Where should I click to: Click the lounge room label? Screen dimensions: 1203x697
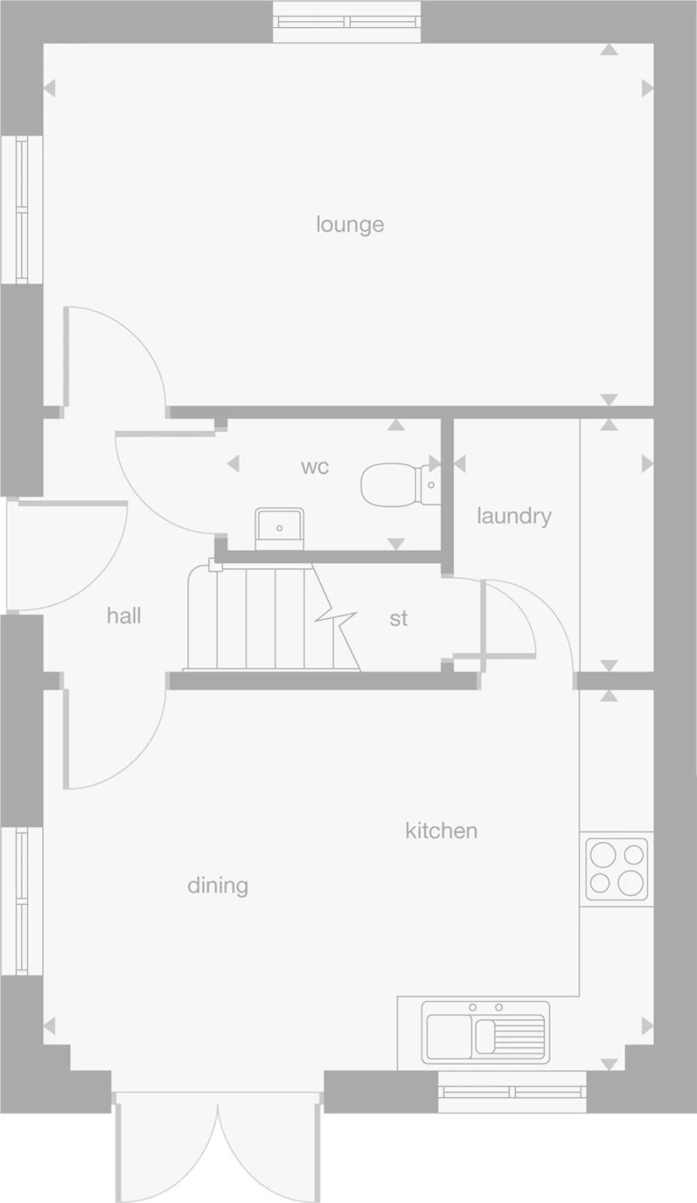[x=350, y=225]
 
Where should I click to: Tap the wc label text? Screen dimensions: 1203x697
[x=314, y=466]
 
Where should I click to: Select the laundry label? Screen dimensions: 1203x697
[x=514, y=516]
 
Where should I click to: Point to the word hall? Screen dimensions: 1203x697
[x=124, y=616]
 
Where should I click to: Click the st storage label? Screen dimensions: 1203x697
[x=399, y=618]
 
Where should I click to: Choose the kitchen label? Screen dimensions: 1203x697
[x=441, y=830]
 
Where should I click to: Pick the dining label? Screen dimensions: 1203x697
[x=218, y=885]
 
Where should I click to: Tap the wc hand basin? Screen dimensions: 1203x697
[x=280, y=528]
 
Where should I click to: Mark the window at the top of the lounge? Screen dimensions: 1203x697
[x=347, y=22]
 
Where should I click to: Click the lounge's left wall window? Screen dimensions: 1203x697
[x=22, y=210]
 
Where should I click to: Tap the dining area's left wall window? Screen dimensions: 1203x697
[x=22, y=901]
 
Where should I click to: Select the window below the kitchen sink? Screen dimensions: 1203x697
[x=512, y=1092]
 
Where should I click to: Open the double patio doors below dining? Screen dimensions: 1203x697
[x=218, y=1146]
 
